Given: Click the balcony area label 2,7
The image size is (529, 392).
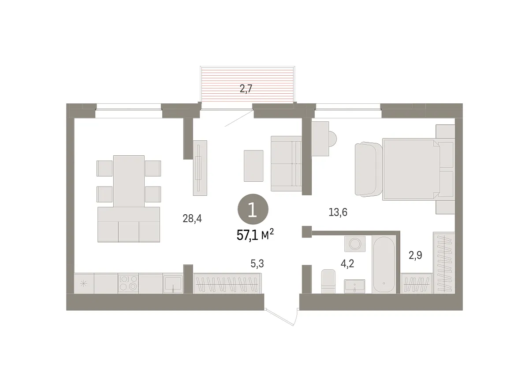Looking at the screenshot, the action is [x=246, y=89].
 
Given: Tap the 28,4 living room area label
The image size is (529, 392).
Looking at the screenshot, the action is [x=192, y=218].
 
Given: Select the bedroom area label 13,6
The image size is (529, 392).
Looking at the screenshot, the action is [x=338, y=212].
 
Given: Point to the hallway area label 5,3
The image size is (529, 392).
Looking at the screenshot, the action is [x=257, y=264].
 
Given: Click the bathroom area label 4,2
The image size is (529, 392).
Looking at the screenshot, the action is [x=347, y=264].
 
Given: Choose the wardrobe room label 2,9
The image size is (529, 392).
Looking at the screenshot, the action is [x=415, y=255].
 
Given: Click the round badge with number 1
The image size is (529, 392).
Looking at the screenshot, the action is [x=253, y=209].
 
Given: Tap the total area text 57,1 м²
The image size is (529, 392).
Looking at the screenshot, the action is [x=255, y=235].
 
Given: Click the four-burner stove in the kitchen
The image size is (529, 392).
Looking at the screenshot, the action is [x=128, y=283].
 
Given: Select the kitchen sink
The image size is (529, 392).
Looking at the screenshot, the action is [x=173, y=284].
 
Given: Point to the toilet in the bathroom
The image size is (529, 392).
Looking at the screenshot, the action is [x=328, y=281].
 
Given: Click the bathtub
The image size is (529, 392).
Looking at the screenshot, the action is [x=384, y=265].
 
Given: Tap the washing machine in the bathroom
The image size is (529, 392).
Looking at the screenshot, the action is [x=355, y=244].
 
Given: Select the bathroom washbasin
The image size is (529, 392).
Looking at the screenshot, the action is [x=354, y=286].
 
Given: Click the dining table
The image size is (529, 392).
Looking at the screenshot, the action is [x=129, y=181].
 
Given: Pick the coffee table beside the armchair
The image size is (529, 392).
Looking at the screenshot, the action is [x=253, y=166].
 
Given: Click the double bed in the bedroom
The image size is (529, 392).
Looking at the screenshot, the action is [x=411, y=169].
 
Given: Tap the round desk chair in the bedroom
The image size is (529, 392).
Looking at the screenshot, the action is [x=333, y=138].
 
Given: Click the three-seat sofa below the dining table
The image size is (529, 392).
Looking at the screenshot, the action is [x=129, y=224].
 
